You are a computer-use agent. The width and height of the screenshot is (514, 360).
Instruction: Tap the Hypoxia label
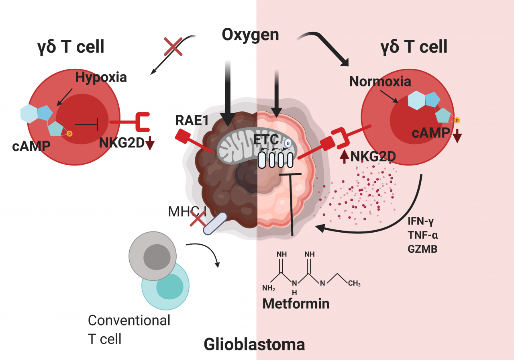pyautogui.click(x=101, y=78)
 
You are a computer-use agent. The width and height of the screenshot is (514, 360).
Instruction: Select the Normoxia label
pyautogui.click(x=380, y=82)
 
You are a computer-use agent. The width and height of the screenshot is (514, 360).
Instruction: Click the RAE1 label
pyautogui.click(x=192, y=120)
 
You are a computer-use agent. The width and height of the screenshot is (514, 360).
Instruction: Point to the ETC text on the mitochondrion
pyautogui.click(x=266, y=139)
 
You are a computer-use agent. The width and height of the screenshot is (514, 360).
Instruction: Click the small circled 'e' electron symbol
pyautogui.click(x=288, y=143)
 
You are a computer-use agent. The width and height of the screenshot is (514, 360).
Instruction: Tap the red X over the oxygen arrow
pyautogui.click(x=173, y=47)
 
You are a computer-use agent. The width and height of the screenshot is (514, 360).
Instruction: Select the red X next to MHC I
pyautogui.click(x=198, y=219)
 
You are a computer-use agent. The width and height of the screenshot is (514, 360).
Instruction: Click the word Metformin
pyautogui.click(x=296, y=304)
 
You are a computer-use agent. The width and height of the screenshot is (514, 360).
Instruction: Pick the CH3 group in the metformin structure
pyautogui.click(x=354, y=284)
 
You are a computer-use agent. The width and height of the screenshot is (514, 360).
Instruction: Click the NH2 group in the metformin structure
pyautogui.click(x=269, y=288)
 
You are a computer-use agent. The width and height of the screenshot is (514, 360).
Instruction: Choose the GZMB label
pyautogui.click(x=422, y=249)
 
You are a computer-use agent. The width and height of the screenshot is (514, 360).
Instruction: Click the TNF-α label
pyautogui.click(x=423, y=235)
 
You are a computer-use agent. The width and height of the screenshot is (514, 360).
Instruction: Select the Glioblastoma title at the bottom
pyautogui.click(x=254, y=345)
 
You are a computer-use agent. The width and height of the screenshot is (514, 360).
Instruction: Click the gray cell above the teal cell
pyautogui.click(x=153, y=256)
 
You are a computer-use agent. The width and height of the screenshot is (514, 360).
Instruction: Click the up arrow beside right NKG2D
pyautogui.click(x=344, y=157)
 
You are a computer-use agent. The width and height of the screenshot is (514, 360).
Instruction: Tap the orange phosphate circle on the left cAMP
pyautogui.click(x=69, y=133)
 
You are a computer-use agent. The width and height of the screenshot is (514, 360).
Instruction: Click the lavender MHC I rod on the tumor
pyautogui.click(x=215, y=223)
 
